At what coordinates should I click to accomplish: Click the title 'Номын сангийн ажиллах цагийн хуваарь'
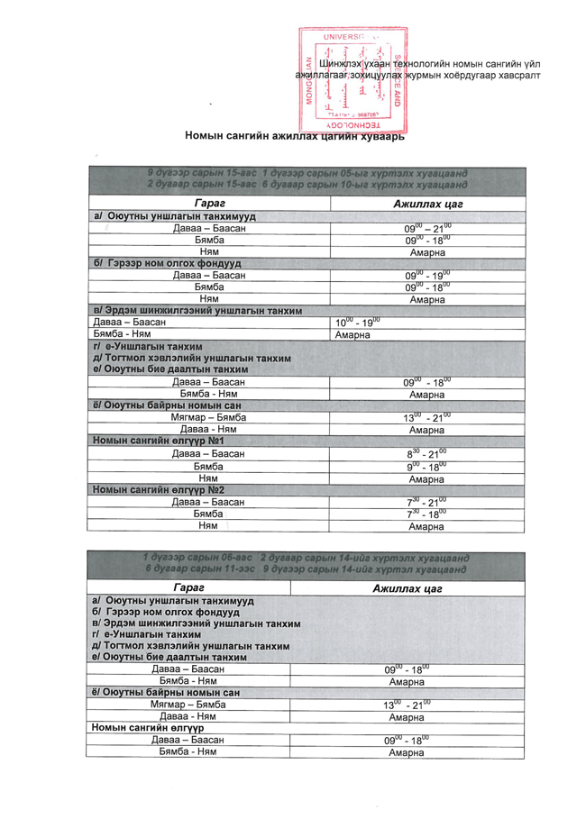295,137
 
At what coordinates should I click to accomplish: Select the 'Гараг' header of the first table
209,205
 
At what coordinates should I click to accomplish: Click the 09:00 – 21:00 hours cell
427,229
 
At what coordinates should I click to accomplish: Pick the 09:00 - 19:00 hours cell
427,275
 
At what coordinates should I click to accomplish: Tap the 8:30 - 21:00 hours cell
427,453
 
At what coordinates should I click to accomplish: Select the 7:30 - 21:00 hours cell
427,501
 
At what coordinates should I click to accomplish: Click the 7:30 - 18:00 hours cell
427,513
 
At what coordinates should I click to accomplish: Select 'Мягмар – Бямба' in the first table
208,418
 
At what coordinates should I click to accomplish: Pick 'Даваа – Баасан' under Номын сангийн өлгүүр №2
208,501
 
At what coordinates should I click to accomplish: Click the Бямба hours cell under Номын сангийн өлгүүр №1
427,466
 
